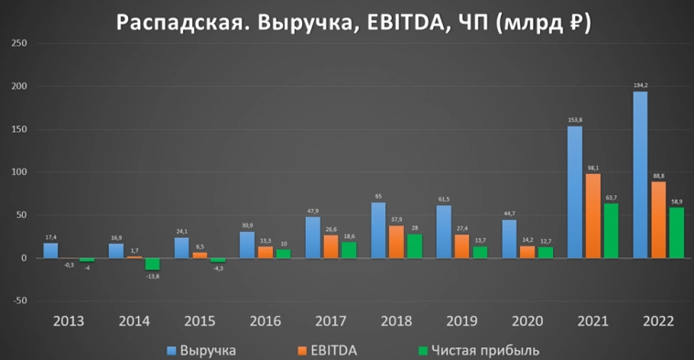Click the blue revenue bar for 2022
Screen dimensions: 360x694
click(x=640, y=174)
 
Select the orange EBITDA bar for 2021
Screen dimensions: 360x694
click(x=595, y=216)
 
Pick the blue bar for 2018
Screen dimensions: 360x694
click(x=377, y=230)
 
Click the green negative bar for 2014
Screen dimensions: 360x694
click(x=152, y=264)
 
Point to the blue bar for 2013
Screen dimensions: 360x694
click(x=50, y=250)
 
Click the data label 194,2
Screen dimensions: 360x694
click(x=640, y=85)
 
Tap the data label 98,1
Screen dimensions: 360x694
click(x=595, y=168)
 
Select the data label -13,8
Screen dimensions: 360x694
click(x=153, y=276)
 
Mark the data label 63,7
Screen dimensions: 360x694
click(x=612, y=197)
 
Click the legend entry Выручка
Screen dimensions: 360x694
click(x=206, y=350)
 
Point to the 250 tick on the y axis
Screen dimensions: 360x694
click(x=17, y=44)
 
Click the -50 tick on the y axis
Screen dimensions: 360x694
click(x=17, y=300)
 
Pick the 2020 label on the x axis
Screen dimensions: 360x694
click(x=528, y=322)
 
